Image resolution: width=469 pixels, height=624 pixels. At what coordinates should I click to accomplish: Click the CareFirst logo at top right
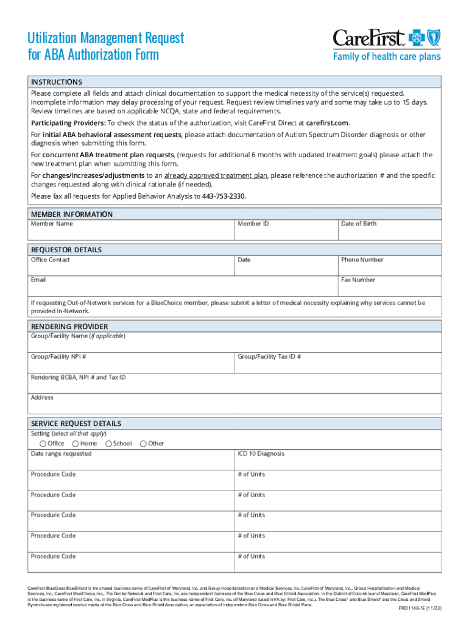click(x=386, y=45)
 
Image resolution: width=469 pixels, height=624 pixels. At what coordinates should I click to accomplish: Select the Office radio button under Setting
click(x=43, y=443)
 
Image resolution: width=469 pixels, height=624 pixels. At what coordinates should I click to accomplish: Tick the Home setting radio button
click(x=76, y=443)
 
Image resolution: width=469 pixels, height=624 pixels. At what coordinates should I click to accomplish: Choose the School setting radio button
click(x=108, y=443)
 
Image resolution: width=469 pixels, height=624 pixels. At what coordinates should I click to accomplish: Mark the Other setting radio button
click(x=143, y=443)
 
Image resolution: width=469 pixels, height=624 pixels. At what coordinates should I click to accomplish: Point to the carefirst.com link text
click(x=328, y=122)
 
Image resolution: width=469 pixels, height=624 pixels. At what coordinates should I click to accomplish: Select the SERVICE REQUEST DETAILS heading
click(x=76, y=424)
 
